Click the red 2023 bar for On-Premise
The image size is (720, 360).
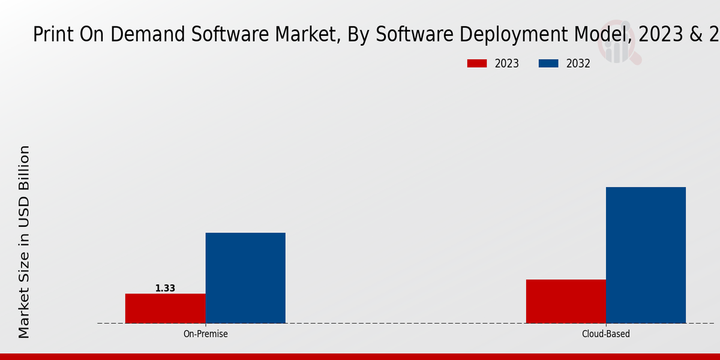click(x=165, y=308)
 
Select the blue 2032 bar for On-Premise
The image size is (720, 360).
click(x=245, y=278)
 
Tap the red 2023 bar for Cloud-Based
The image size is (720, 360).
click(x=566, y=301)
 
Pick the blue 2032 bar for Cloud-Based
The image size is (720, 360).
click(x=646, y=255)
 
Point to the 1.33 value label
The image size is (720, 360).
click(x=165, y=289)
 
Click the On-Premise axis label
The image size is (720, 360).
click(x=205, y=334)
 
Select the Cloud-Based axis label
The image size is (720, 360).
click(x=606, y=334)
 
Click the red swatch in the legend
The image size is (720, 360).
click(x=477, y=64)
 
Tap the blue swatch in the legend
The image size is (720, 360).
click(x=548, y=64)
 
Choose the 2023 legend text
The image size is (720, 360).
click(x=507, y=64)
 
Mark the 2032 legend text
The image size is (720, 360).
click(x=578, y=64)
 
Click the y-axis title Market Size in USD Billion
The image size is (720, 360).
click(x=24, y=241)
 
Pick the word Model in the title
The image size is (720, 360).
click(x=600, y=35)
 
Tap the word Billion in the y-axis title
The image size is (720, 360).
click(x=24, y=167)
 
